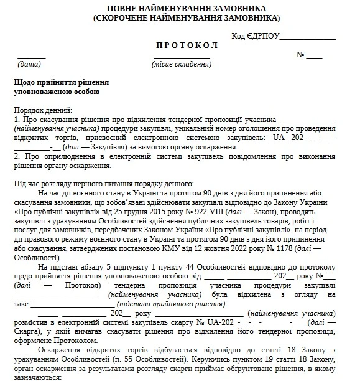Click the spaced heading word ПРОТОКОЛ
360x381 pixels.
[180, 47]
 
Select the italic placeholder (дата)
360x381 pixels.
[29, 64]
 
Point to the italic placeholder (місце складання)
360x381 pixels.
[180, 64]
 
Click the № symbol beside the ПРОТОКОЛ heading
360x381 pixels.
[301, 55]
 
